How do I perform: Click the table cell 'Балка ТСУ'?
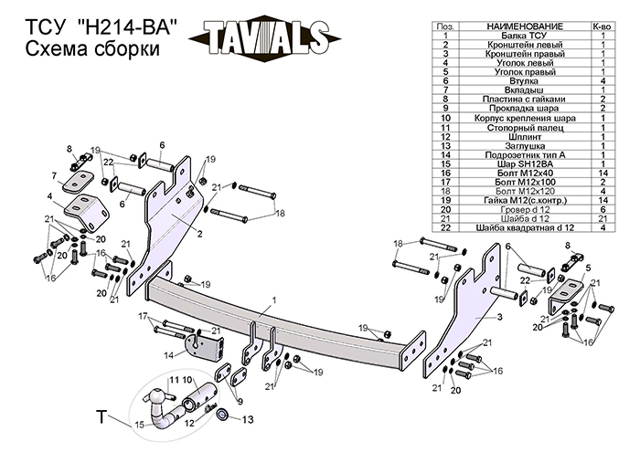tap(519, 35)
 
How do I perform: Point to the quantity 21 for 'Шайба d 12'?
tap(604, 218)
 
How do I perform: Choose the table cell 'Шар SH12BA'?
tap(519, 163)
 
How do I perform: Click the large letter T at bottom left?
tap(103, 417)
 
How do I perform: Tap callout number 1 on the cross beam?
tap(272, 300)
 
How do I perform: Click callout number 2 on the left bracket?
tap(199, 233)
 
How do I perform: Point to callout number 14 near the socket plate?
tap(170, 354)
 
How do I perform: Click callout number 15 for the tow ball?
tap(140, 426)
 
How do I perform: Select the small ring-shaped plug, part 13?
tap(224, 417)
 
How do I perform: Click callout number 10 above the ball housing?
tap(187, 379)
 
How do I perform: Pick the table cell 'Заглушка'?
tap(519, 145)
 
